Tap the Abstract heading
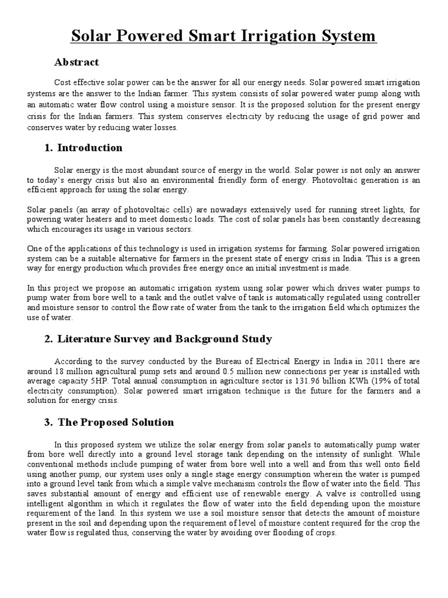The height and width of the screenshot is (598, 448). click(x=76, y=62)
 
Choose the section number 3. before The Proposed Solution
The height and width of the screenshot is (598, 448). click(x=48, y=422)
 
